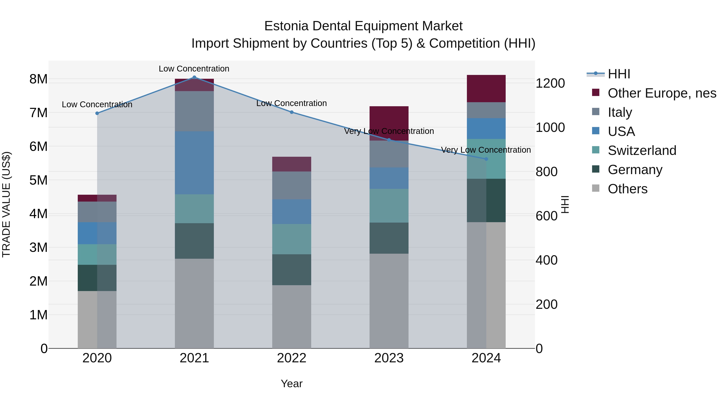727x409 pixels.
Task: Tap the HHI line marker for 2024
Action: (x=486, y=159)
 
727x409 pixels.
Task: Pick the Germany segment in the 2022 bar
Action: (x=292, y=270)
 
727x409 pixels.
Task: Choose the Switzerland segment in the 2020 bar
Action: (x=97, y=254)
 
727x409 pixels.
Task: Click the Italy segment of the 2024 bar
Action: (x=486, y=110)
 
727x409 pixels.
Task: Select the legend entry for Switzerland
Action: (x=642, y=150)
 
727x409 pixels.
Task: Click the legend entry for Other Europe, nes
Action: (x=662, y=93)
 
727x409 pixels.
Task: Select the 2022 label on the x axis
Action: (x=292, y=358)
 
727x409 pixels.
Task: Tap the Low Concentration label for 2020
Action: (x=97, y=104)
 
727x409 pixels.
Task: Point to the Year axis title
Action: (x=292, y=384)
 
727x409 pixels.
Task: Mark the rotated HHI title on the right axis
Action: (x=565, y=204)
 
